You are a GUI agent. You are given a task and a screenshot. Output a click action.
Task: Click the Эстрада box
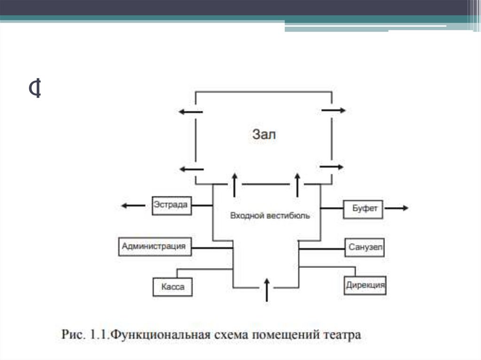click(x=172, y=205)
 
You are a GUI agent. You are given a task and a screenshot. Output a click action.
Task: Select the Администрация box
click(x=155, y=246)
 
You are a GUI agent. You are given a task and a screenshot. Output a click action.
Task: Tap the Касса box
click(x=172, y=286)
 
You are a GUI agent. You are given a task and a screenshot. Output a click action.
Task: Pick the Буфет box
click(x=363, y=209)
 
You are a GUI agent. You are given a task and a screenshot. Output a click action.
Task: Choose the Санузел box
click(x=365, y=247)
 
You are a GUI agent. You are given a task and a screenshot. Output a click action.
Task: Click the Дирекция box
click(x=365, y=284)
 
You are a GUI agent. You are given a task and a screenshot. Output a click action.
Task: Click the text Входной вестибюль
click(x=270, y=216)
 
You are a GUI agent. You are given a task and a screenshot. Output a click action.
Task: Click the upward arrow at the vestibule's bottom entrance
click(x=266, y=289)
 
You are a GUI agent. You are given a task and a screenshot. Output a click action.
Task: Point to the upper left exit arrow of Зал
click(x=190, y=112)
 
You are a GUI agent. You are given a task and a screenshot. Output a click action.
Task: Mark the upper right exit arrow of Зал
click(x=334, y=110)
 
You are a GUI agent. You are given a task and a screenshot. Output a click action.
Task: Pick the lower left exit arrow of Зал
click(x=191, y=169)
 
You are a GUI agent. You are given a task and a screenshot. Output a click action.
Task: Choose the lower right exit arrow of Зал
click(x=332, y=167)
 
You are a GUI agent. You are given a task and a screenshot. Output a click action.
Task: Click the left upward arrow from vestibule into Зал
click(x=234, y=184)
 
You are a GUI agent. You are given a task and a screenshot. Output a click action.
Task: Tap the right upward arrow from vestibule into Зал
click(x=297, y=184)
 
